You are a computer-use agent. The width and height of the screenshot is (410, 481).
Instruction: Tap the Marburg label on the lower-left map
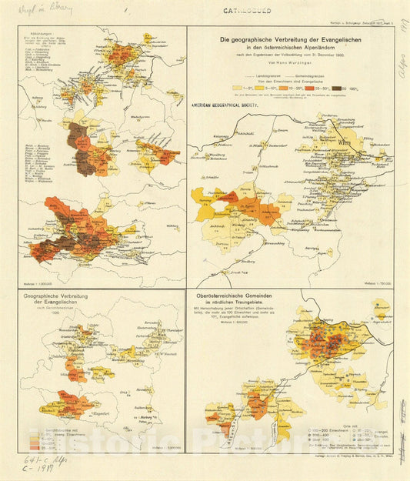click(x=162, y=400)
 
